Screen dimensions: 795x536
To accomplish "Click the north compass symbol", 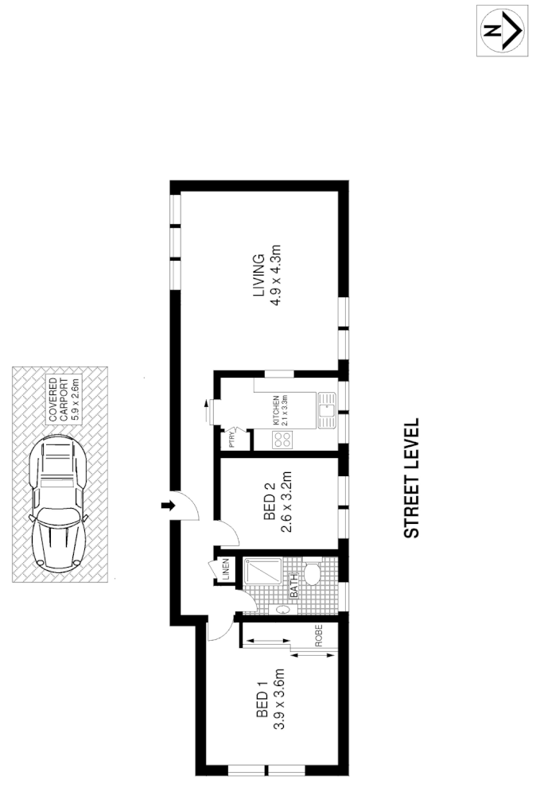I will coord(503,30).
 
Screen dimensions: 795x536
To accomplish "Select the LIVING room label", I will coord(257,276).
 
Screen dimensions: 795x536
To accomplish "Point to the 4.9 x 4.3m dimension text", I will coord(277,276).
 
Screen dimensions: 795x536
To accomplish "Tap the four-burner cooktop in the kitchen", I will coord(283,439).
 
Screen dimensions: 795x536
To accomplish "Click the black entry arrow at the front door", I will coord(168,506).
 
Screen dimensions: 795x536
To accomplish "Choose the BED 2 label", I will coord(269,502).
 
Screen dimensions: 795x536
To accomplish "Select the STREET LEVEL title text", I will coord(411,479).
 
